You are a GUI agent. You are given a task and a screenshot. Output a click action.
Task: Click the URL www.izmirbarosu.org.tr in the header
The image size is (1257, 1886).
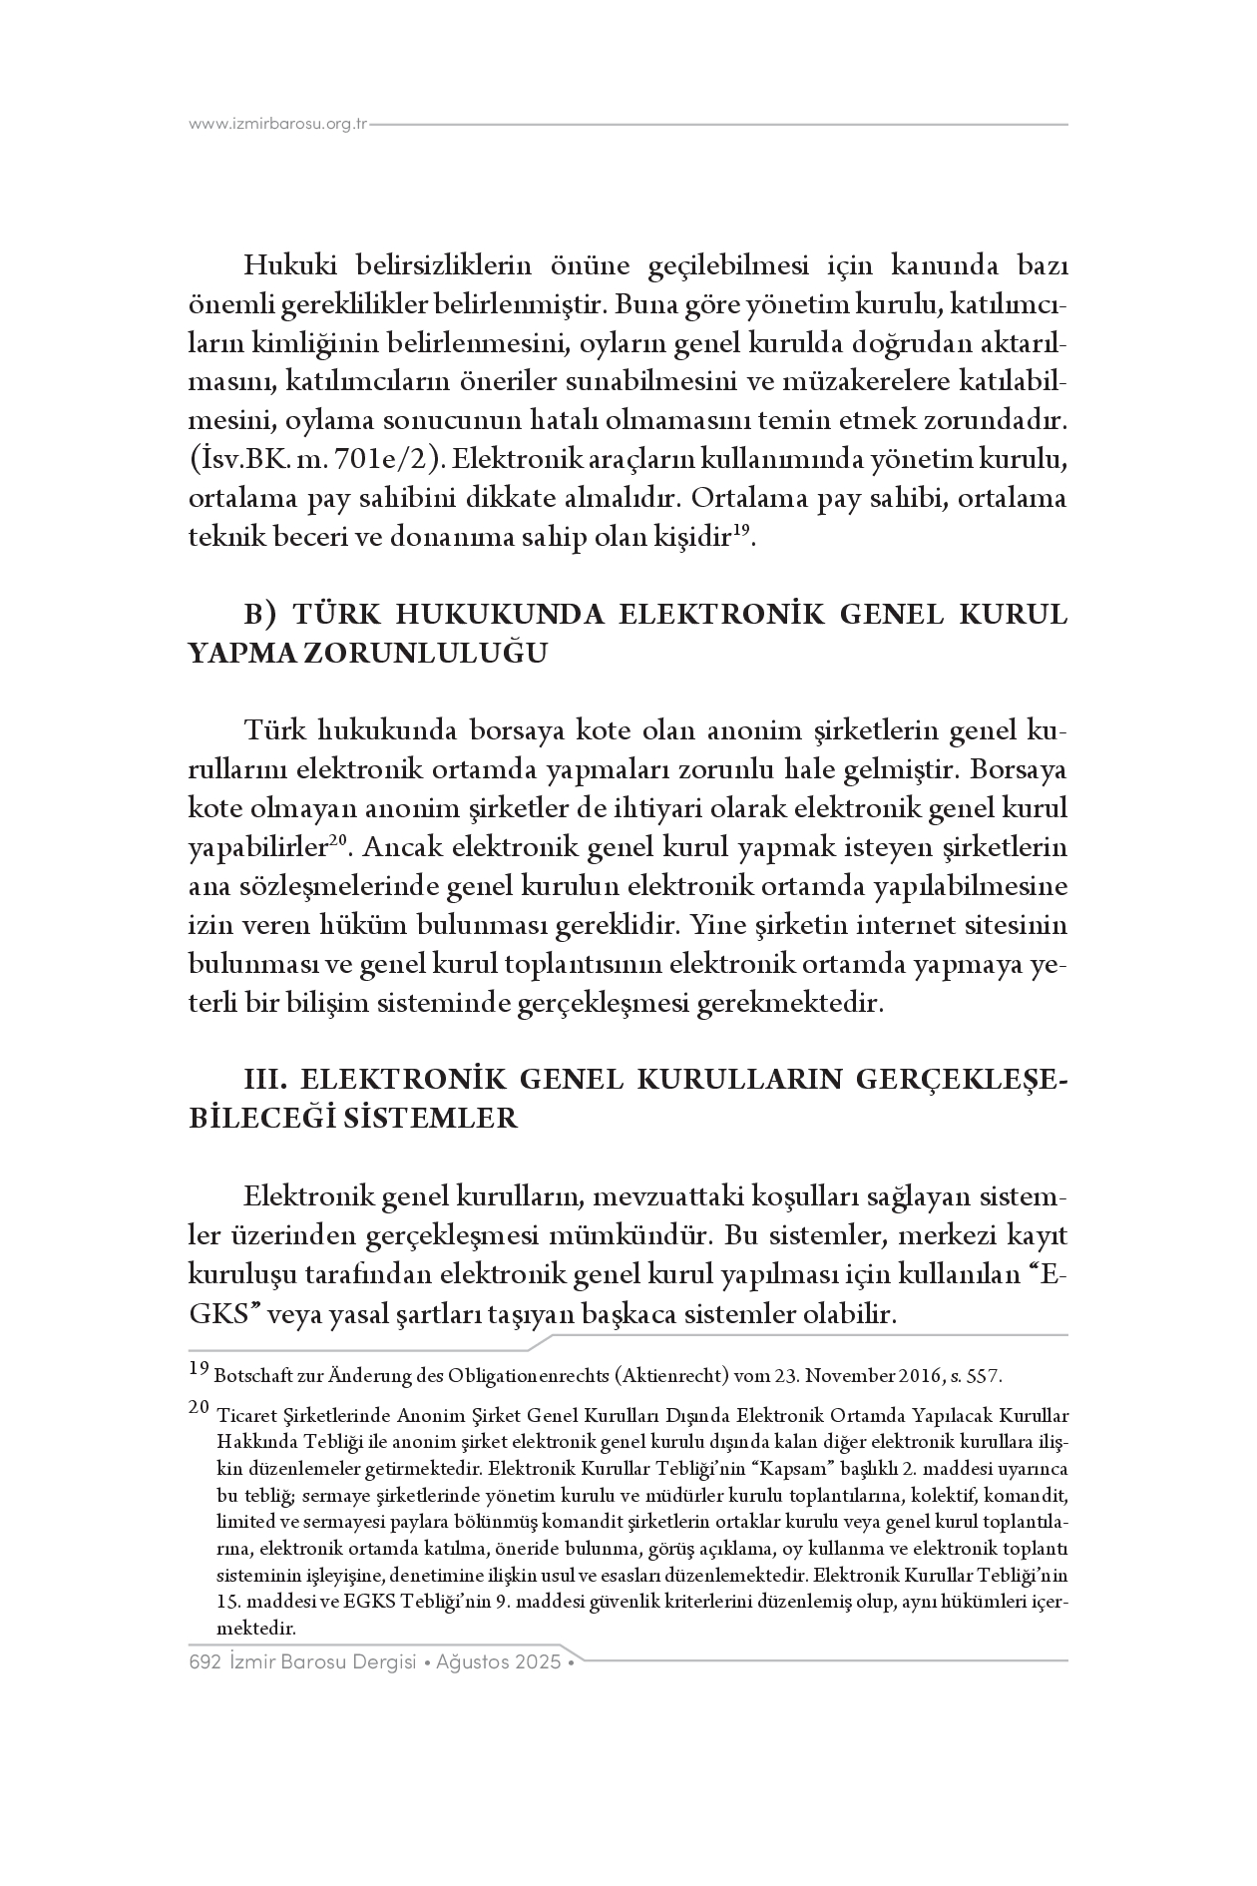click(x=278, y=125)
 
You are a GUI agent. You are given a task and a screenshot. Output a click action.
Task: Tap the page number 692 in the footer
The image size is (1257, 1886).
click(x=204, y=1662)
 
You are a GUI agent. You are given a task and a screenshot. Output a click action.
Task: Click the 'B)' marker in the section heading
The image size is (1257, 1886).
click(x=262, y=614)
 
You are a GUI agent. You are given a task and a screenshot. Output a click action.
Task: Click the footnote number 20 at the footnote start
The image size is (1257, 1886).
click(x=198, y=1407)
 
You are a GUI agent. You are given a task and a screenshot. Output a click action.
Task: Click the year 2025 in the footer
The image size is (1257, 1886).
click(x=539, y=1662)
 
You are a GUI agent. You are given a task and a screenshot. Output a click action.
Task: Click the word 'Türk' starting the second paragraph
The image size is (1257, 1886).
click(x=273, y=731)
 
